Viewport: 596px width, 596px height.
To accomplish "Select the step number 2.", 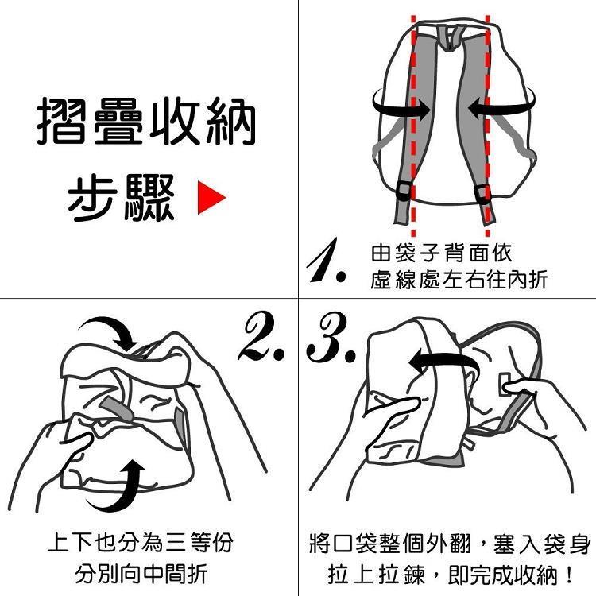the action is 261,337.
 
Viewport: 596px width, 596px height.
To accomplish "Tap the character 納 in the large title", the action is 231,121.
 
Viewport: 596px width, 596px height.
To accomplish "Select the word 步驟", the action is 122,198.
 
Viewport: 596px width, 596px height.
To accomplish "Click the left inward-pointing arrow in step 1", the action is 401,105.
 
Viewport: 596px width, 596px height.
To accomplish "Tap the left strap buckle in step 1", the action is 404,191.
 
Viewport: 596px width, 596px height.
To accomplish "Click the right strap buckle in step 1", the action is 482,193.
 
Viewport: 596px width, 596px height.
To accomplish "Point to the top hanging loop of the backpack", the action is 449,38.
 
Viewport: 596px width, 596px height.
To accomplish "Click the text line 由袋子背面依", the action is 441,253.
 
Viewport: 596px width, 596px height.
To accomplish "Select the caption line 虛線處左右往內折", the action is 459,281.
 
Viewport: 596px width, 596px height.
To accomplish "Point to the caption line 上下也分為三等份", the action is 141,543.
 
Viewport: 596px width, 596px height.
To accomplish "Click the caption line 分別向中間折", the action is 141,574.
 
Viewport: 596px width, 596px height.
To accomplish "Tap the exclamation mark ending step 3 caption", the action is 569,575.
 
